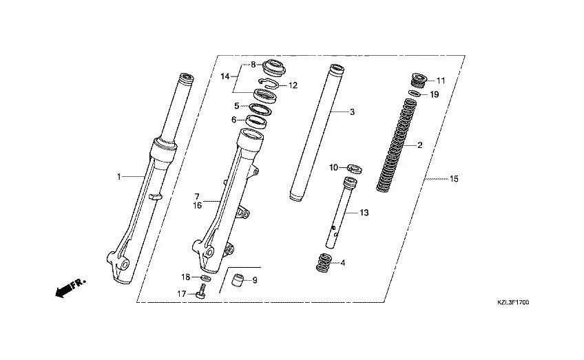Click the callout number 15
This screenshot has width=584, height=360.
(454, 179)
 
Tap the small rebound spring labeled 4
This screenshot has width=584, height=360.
(324, 262)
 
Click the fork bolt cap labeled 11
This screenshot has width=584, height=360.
(419, 81)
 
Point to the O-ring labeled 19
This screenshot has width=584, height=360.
(415, 94)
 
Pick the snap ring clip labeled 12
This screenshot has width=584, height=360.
(268, 84)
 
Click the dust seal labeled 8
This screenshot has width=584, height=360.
(275, 67)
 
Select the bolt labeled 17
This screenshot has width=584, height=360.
(202, 291)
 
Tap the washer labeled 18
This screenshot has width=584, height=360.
(205, 277)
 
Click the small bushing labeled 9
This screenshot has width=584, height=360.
(239, 280)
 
